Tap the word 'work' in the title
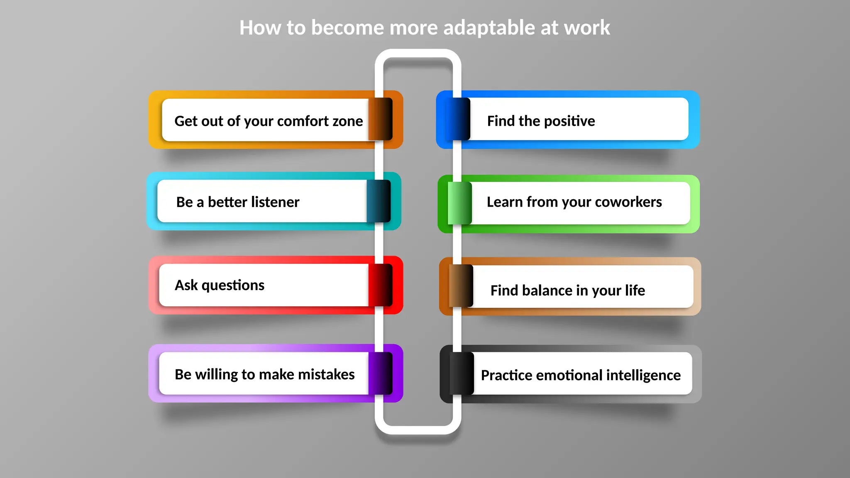click(587, 28)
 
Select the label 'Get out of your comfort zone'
click(269, 121)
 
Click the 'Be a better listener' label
click(237, 202)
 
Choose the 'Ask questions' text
click(220, 285)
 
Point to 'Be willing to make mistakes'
click(264, 374)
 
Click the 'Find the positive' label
click(541, 121)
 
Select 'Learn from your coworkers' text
click(574, 202)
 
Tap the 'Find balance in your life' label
click(567, 290)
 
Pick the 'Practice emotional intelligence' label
click(580, 375)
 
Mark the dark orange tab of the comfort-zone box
click(380, 119)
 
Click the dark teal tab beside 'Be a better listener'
click(379, 201)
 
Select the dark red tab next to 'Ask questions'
click(380, 285)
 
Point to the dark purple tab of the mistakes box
click(380, 373)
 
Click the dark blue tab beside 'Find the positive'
click(458, 119)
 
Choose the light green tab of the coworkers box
click(460, 203)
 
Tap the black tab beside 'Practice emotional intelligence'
click(462, 373)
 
